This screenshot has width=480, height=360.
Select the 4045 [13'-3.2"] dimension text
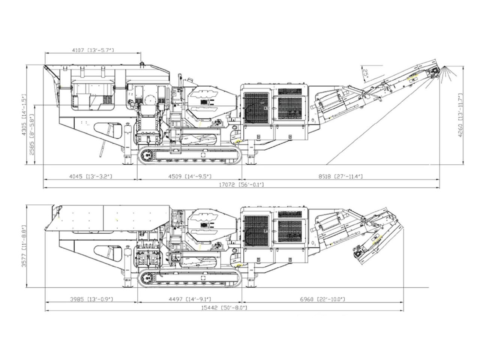[91, 176]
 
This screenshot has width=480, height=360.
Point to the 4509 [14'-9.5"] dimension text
[189, 176]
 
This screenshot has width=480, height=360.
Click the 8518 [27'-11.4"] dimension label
[341, 176]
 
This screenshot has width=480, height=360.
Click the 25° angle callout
[365, 72]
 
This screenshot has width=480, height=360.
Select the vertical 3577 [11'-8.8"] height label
[24, 246]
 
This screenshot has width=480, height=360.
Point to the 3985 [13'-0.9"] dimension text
[91, 299]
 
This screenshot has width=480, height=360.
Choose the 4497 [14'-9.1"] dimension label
[189, 299]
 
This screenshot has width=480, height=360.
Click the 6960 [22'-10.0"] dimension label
[322, 299]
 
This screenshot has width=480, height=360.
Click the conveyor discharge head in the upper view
[435, 73]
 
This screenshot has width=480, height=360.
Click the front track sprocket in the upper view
[147, 155]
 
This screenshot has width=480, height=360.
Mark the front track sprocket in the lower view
[147, 278]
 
